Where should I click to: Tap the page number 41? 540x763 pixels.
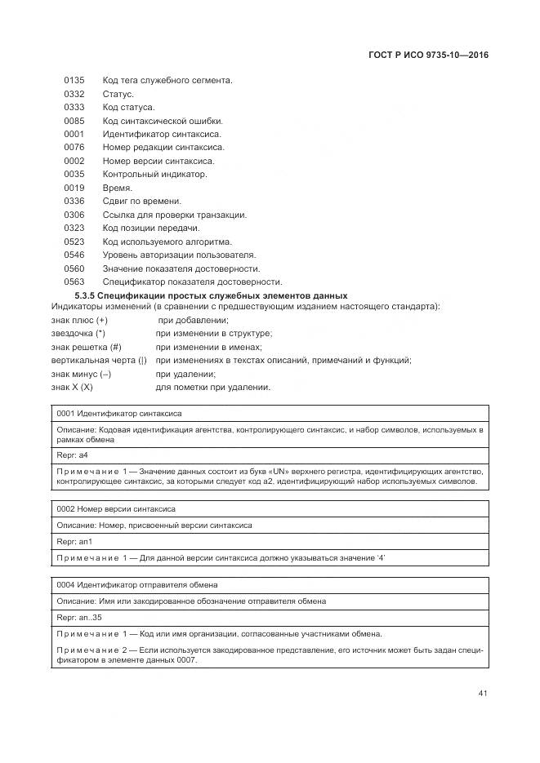(483, 694)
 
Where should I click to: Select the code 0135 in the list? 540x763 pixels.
(74, 81)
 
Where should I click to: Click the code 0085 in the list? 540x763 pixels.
(74, 121)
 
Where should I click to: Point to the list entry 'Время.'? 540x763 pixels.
(118, 188)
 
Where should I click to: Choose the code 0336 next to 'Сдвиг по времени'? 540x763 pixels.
(74, 202)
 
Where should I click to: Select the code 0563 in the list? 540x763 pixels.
(74, 282)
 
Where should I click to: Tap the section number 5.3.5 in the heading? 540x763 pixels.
(85, 295)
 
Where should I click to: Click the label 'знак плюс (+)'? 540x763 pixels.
(78, 321)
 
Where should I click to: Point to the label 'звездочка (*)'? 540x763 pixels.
(78, 334)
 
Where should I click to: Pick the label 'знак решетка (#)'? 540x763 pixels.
(85, 347)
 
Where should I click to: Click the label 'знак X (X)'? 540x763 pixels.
(72, 387)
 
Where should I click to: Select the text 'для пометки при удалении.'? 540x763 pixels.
(212, 387)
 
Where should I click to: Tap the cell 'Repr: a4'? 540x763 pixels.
(72, 455)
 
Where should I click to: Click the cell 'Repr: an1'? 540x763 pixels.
(74, 542)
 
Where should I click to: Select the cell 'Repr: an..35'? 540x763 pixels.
(78, 618)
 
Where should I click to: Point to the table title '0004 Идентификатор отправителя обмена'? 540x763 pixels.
(136, 585)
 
